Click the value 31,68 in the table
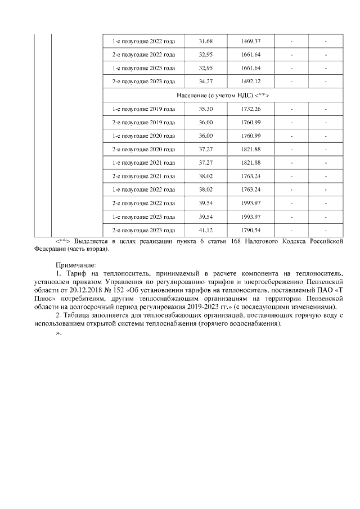tap(206, 42)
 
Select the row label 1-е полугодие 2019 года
tap(143, 109)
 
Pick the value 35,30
tap(206, 109)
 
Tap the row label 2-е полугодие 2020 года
tap(143, 149)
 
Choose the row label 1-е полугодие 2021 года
tap(143, 163)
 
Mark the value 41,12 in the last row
tap(206, 230)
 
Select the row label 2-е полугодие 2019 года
tap(143, 122)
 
